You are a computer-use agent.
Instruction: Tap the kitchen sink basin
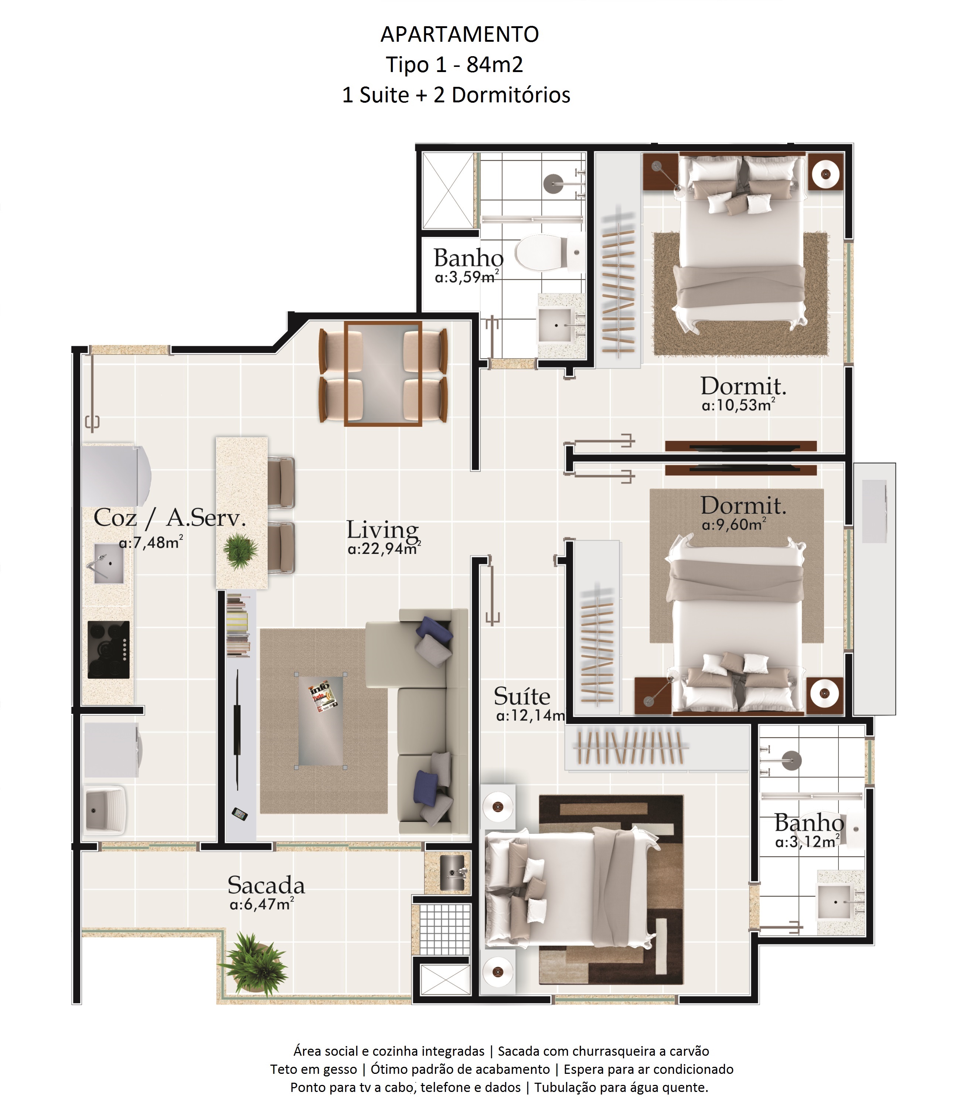(x=109, y=564)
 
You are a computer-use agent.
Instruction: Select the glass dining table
(x=383, y=374)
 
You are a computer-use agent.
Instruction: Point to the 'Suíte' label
(x=522, y=696)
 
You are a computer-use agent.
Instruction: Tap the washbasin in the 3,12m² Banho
(x=835, y=902)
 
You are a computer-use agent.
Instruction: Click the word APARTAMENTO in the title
(x=460, y=34)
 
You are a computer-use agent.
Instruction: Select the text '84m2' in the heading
(x=495, y=65)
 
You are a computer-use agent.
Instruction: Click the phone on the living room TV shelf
(x=240, y=814)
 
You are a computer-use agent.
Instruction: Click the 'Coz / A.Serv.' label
(x=170, y=517)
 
